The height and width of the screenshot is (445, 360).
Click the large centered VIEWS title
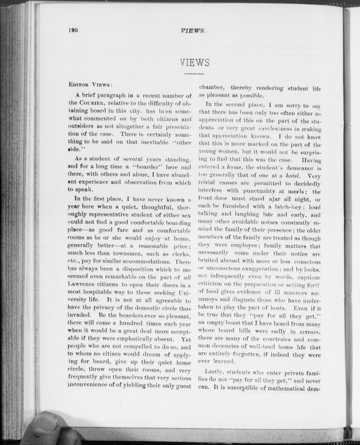[194, 62]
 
